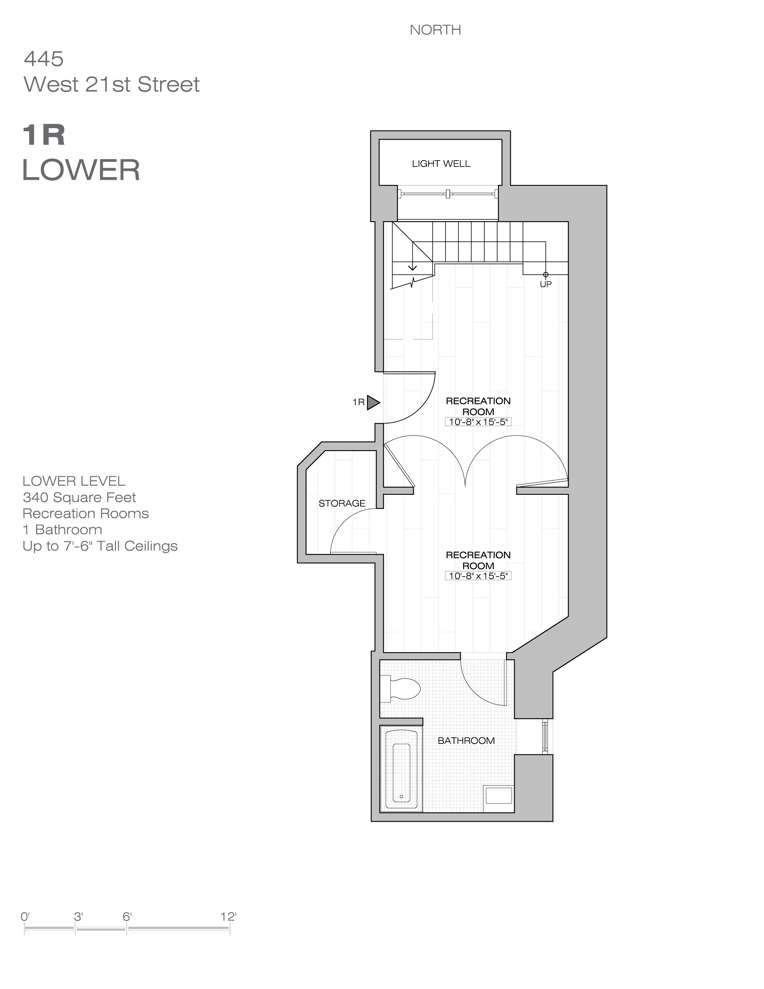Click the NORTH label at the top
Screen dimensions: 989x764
pyautogui.click(x=435, y=30)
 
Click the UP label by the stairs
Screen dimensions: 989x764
pyautogui.click(x=545, y=284)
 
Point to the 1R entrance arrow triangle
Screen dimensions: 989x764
pyautogui.click(x=372, y=402)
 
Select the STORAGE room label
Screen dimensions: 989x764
pyautogui.click(x=342, y=503)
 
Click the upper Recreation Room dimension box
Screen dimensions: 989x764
pyautogui.click(x=478, y=422)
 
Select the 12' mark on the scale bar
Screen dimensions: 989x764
pyautogui.click(x=229, y=917)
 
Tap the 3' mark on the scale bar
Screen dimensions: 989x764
pyautogui.click(x=78, y=917)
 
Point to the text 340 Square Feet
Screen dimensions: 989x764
pyautogui.click(x=79, y=497)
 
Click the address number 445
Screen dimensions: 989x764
pyautogui.click(x=43, y=59)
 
